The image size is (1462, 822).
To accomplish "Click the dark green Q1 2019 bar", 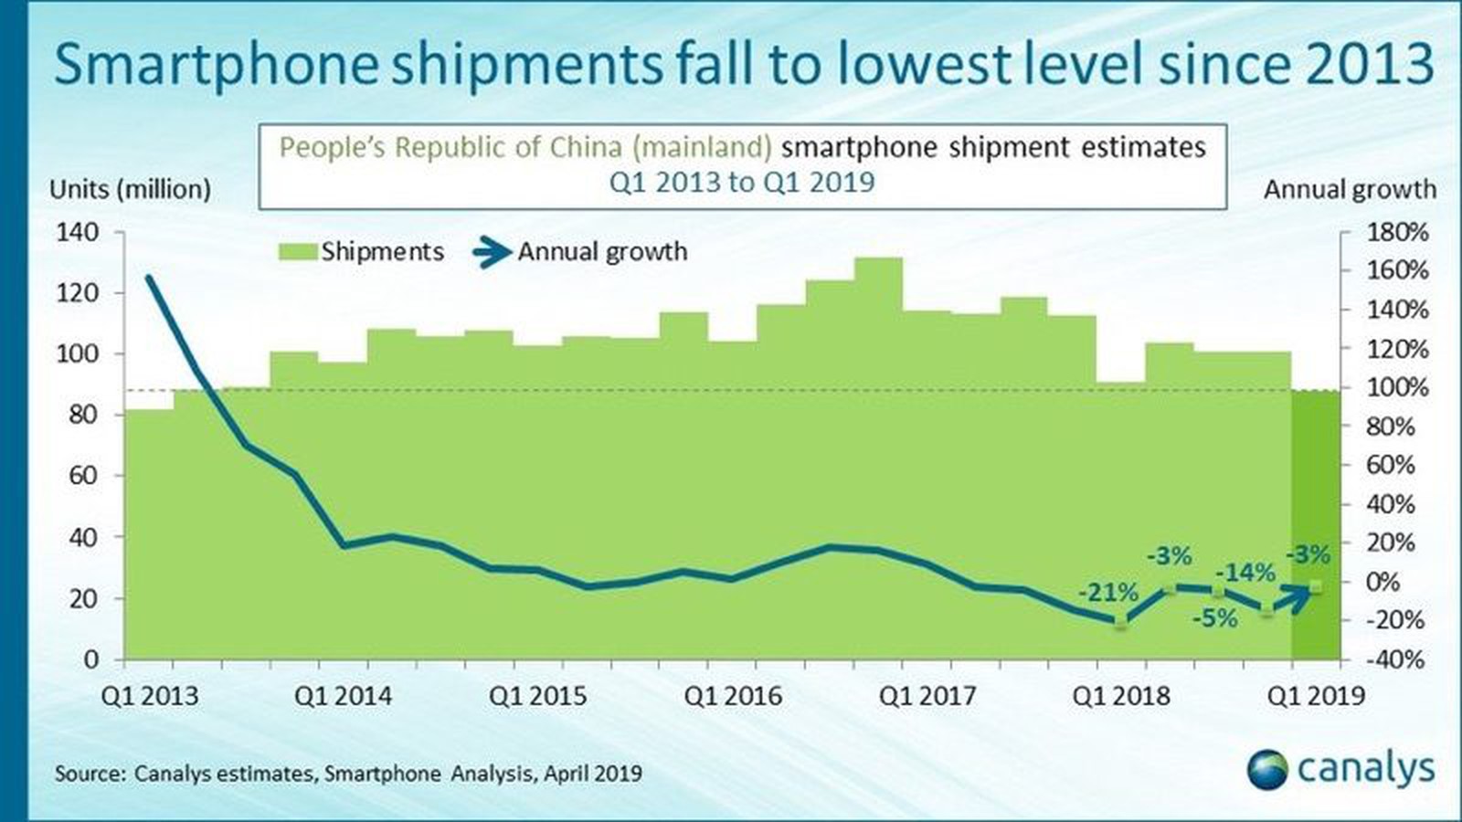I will pos(1316,525).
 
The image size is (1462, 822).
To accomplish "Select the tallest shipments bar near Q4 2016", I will pos(878,457).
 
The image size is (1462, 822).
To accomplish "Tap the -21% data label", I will pos(1107,592).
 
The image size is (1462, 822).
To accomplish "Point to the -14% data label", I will pos(1245,573).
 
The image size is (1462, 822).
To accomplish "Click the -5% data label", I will pos(1214,619).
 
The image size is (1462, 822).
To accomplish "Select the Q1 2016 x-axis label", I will pos(733,696).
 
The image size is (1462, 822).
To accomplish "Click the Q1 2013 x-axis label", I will pos(149,696).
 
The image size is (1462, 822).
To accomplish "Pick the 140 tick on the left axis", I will pos(78,232).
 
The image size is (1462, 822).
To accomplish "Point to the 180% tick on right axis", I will pos(1397,232).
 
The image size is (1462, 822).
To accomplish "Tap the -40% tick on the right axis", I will pos(1397,659).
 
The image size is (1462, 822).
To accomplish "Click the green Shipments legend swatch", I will pos(298,252).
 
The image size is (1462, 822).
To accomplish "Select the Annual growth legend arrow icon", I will pos(493,252).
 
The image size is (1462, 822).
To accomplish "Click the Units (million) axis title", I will pos(130,189).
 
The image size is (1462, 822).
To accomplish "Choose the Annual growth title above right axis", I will pos(1350,189).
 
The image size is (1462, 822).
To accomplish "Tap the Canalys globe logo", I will pos(1267,769).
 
